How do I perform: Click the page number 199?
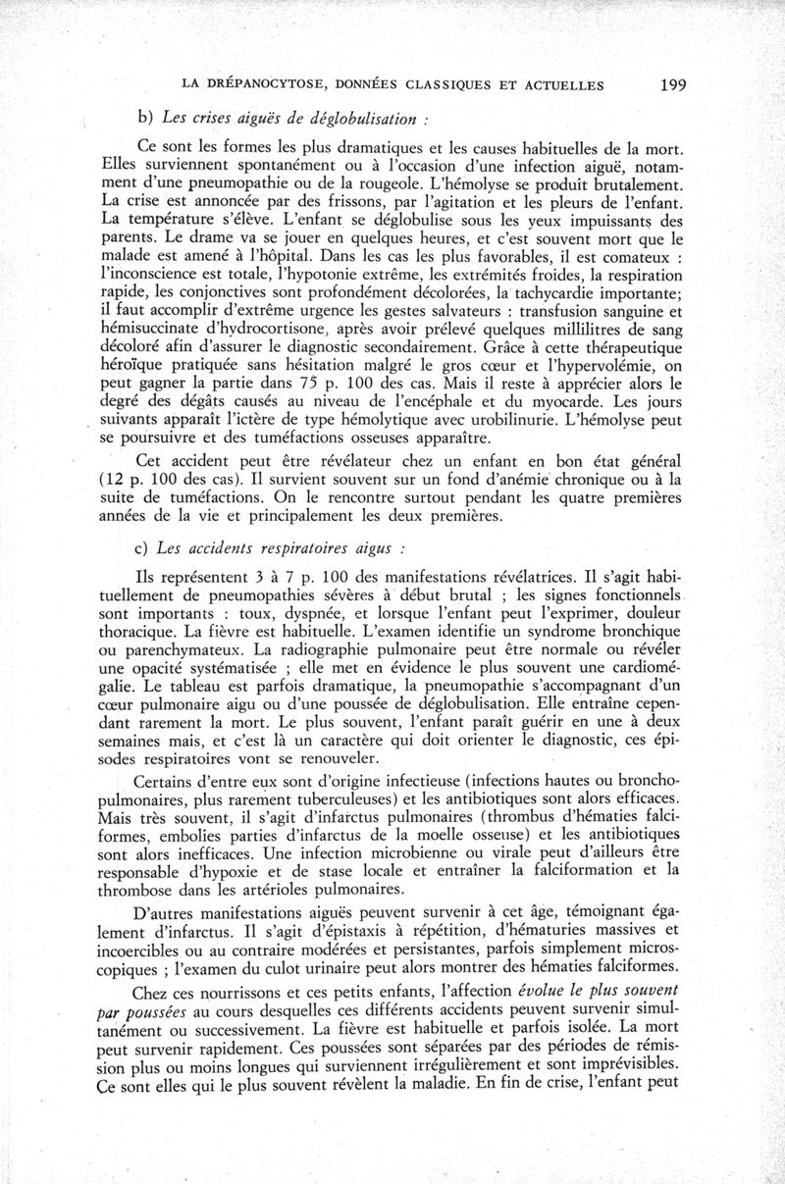pyautogui.click(x=672, y=84)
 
